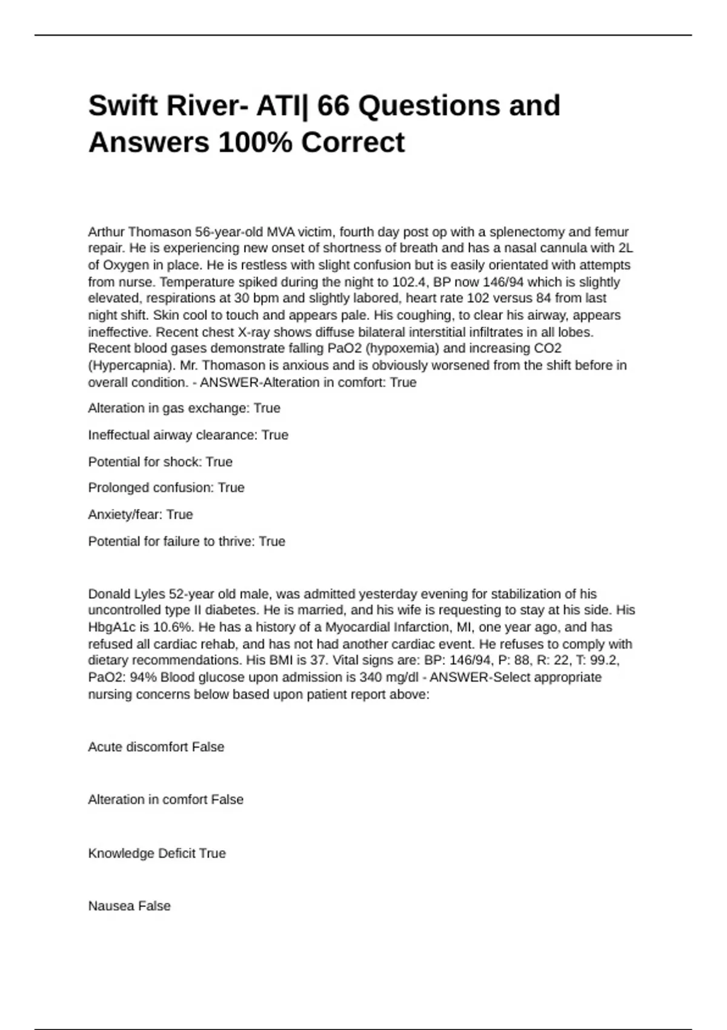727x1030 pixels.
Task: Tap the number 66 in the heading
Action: click(x=334, y=106)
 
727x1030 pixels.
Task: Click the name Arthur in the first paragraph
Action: click(x=107, y=232)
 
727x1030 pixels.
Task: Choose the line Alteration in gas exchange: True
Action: click(x=184, y=408)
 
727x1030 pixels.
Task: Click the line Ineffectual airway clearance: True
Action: click(x=188, y=435)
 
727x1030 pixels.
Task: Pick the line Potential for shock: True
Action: click(x=160, y=462)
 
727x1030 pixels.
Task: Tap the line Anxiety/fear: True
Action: click(x=141, y=514)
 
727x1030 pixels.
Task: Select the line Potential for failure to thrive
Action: click(x=187, y=541)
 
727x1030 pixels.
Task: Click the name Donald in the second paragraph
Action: click(x=109, y=594)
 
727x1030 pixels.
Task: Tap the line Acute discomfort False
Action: click(x=156, y=747)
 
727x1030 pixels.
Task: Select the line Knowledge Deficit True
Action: click(x=157, y=853)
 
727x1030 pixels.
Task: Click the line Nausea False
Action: click(x=129, y=906)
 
